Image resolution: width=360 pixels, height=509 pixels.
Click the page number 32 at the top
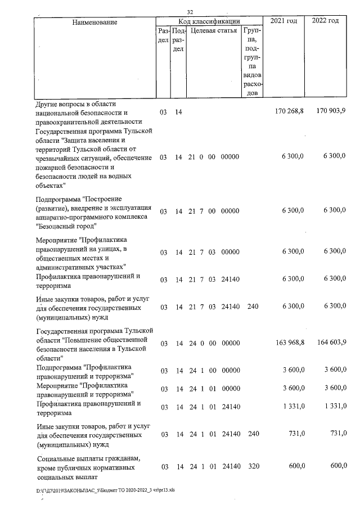tap(190, 12)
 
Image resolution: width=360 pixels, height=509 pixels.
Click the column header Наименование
tap(94, 22)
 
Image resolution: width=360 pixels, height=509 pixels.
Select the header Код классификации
tap(209, 21)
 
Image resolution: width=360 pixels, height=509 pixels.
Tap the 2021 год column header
tap(284, 21)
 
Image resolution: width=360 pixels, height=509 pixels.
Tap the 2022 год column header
tap(325, 21)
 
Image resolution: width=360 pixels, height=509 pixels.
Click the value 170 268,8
tap(289, 112)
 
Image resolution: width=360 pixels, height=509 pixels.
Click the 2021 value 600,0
tap(294, 466)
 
